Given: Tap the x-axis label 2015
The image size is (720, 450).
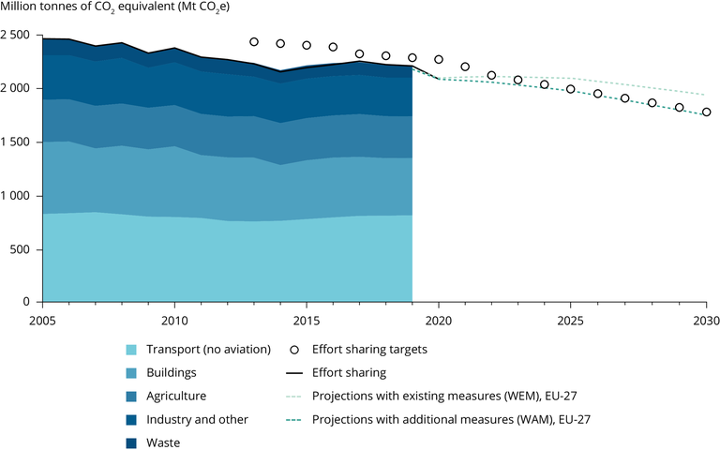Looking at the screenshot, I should click(x=307, y=320).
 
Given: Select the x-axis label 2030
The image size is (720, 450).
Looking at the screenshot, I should click(x=706, y=320).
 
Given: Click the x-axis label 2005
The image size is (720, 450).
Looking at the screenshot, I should click(x=42, y=320).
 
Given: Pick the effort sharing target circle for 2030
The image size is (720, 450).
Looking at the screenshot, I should click(x=706, y=112).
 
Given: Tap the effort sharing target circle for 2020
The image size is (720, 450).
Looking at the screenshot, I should click(x=439, y=59).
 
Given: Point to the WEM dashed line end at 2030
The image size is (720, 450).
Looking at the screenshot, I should click(x=705, y=95).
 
